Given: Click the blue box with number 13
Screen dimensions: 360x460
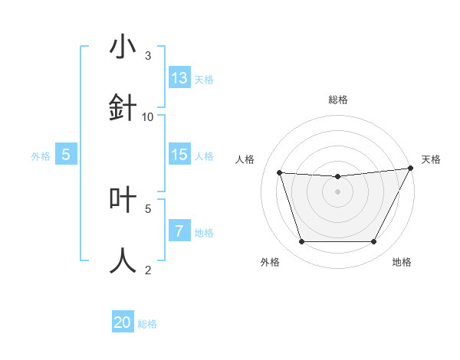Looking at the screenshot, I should (179, 78).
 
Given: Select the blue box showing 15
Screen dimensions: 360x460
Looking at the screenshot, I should (179, 155).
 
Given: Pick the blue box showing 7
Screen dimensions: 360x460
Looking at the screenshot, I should (179, 231).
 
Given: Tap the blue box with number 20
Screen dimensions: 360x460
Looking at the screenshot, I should (123, 322).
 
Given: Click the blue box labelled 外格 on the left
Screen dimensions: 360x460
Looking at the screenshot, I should (66, 155).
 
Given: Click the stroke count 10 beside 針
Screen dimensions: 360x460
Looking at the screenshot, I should (148, 116).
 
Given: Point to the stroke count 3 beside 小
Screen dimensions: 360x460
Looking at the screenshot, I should (148, 56).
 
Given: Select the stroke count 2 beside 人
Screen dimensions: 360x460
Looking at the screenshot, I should (148, 270).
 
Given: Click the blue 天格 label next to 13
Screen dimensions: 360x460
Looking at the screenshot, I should (204, 80).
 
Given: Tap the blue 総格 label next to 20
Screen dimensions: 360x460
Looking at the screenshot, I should (147, 324).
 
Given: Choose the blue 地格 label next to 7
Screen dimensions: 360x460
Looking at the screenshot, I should (204, 233).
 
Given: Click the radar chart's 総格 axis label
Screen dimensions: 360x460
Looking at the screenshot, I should (337, 100).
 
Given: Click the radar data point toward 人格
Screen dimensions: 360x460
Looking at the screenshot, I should (279, 173).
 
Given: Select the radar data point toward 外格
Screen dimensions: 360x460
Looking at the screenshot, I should (301, 242).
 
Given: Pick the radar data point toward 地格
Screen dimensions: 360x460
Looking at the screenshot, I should (373, 242).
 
